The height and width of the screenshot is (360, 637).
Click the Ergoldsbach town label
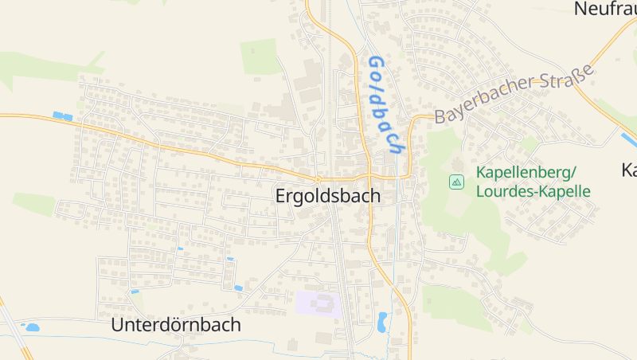(x=327, y=195)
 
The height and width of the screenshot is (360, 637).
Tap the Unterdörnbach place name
(x=176, y=325)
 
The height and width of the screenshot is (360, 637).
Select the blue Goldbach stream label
(x=385, y=104)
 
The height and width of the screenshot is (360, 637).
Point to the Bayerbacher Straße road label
(x=515, y=93)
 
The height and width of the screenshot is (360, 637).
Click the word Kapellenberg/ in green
(x=526, y=172)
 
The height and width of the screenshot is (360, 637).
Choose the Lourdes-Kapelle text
(x=533, y=191)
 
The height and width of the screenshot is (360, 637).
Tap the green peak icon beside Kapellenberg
(x=456, y=182)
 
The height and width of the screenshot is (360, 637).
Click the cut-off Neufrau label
(x=604, y=9)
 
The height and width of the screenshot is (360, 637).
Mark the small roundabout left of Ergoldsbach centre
(x=318, y=178)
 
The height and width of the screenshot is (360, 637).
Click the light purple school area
(x=318, y=303)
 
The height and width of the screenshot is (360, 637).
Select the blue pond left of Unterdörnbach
(x=32, y=327)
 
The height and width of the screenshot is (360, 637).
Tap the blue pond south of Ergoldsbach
(x=382, y=321)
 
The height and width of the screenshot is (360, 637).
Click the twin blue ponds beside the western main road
(x=62, y=116)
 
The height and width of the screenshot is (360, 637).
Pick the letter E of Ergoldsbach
(x=281, y=195)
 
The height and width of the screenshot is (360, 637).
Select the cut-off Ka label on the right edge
(x=628, y=170)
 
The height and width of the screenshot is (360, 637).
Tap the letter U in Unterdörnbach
(x=118, y=325)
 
